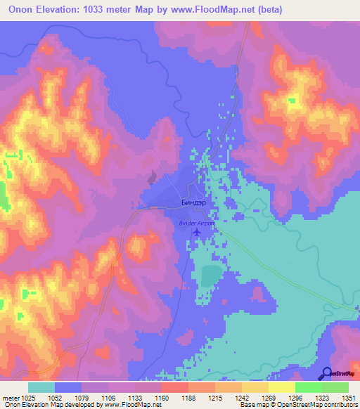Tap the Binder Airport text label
pos(195,223)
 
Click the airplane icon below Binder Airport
pos(196,233)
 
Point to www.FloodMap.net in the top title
pos(237,9)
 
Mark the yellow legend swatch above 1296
pos(281,387)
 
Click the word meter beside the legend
pos(10,397)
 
